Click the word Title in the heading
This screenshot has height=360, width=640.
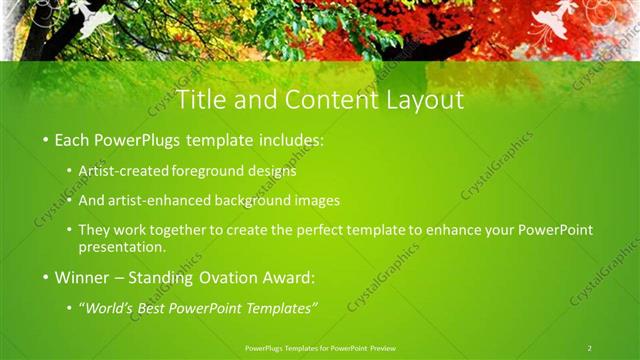click(x=200, y=100)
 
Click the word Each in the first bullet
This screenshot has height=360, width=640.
click(x=71, y=141)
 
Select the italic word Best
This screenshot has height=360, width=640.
click(x=156, y=307)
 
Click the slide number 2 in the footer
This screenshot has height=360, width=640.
click(x=589, y=347)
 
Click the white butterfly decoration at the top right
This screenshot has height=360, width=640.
click(x=553, y=22)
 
